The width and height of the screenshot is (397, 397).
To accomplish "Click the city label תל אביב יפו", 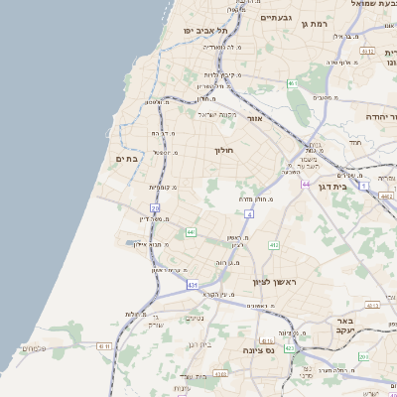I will [205, 31].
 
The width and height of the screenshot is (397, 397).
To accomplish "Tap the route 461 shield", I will [293, 84].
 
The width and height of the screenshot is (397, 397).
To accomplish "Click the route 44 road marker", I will [306, 184].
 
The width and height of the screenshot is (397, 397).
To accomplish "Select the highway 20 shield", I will [155, 205].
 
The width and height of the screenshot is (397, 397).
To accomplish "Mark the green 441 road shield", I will [190, 232].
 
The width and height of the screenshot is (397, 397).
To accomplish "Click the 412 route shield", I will [273, 244].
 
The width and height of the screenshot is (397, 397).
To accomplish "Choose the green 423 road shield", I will [289, 348].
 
